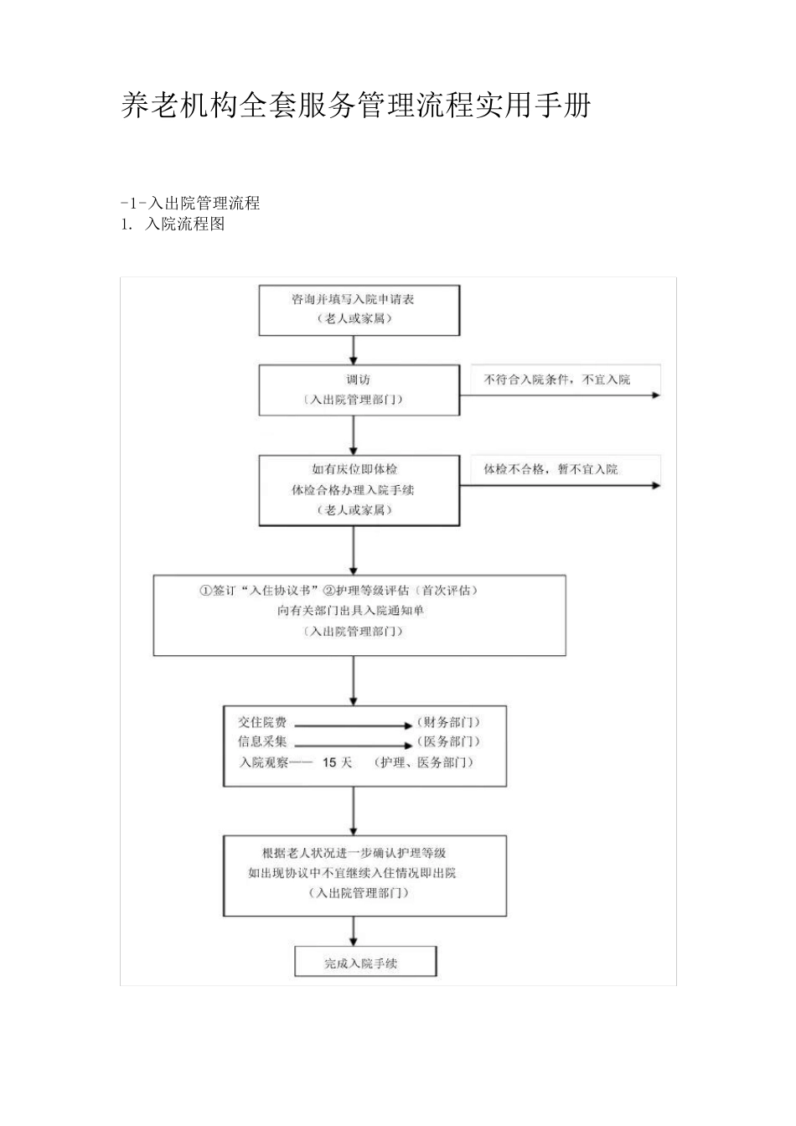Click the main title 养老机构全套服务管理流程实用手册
pos(356,106)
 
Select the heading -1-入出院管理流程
pos(190,203)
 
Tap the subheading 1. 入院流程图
pos(173,224)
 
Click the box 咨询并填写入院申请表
pos(359,309)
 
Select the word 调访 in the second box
pos(359,380)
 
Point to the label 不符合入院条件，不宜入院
pos(556,380)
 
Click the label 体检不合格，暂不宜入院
pos(550,469)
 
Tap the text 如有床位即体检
pos(354,469)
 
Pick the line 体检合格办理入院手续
pos(353,489)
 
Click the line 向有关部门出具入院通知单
pos(351,611)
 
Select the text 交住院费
pos(262,721)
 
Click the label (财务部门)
pos(448,721)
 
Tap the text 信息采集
pos(262,741)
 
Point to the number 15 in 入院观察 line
pos(329,762)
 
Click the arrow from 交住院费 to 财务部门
pos(352,724)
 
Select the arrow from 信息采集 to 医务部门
pos(352,744)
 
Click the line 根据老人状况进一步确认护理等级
pos(354,853)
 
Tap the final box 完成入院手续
pos(365,963)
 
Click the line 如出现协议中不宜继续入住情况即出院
pos(352,873)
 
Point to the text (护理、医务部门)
pos(424,762)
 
